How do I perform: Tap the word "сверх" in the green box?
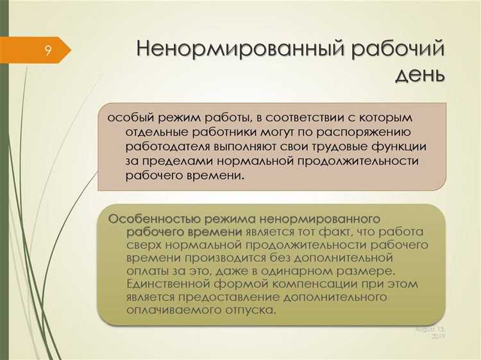tap(142, 245)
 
